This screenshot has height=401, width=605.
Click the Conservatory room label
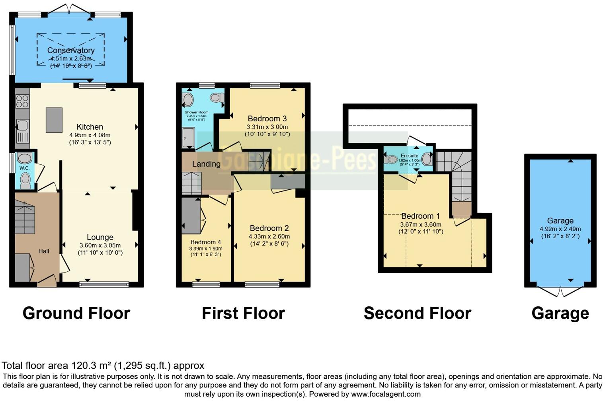[x=71, y=51]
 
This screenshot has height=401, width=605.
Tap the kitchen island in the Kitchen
[x=54, y=120]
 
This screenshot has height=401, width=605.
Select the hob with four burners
[x=22, y=102]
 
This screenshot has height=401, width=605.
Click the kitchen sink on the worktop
[x=22, y=126]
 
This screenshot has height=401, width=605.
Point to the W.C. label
[x=25, y=168]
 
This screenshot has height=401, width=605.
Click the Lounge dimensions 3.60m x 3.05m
[x=100, y=245]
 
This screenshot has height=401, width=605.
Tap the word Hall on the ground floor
[x=44, y=251]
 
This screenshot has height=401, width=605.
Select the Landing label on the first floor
[x=206, y=164]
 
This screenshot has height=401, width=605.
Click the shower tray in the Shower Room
[x=188, y=138]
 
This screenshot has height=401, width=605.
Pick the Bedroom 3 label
[x=267, y=119]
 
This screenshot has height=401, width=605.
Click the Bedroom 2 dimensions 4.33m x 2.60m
[x=269, y=236]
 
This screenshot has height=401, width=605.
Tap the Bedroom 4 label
[x=205, y=242]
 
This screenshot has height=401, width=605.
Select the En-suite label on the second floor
[x=409, y=156]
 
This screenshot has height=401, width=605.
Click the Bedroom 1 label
[x=420, y=216]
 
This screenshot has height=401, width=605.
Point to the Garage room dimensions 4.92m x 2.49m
[x=560, y=229]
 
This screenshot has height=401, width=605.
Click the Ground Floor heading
[x=76, y=313]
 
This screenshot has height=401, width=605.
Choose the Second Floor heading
[x=417, y=313]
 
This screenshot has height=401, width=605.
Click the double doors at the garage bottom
[x=560, y=292]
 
